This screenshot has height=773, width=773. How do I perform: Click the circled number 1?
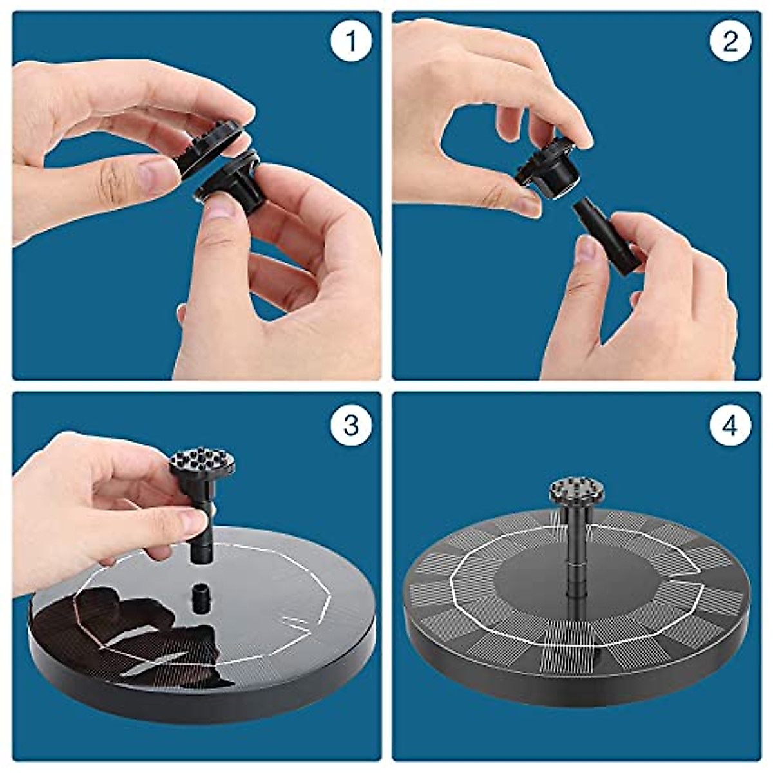click(351, 41)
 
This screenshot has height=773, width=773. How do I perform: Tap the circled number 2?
click(730, 41)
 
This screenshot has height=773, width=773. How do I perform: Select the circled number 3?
click(351, 424)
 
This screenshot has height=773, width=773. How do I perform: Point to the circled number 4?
click(730, 424)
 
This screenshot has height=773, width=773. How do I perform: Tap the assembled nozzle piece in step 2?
click(548, 169)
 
